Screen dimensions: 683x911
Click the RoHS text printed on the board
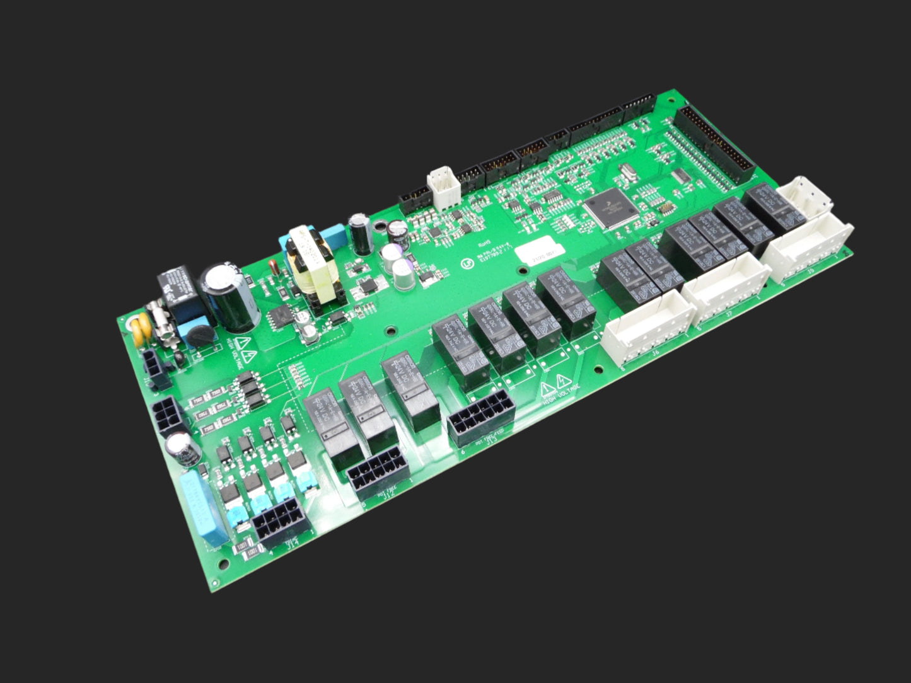485,240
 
